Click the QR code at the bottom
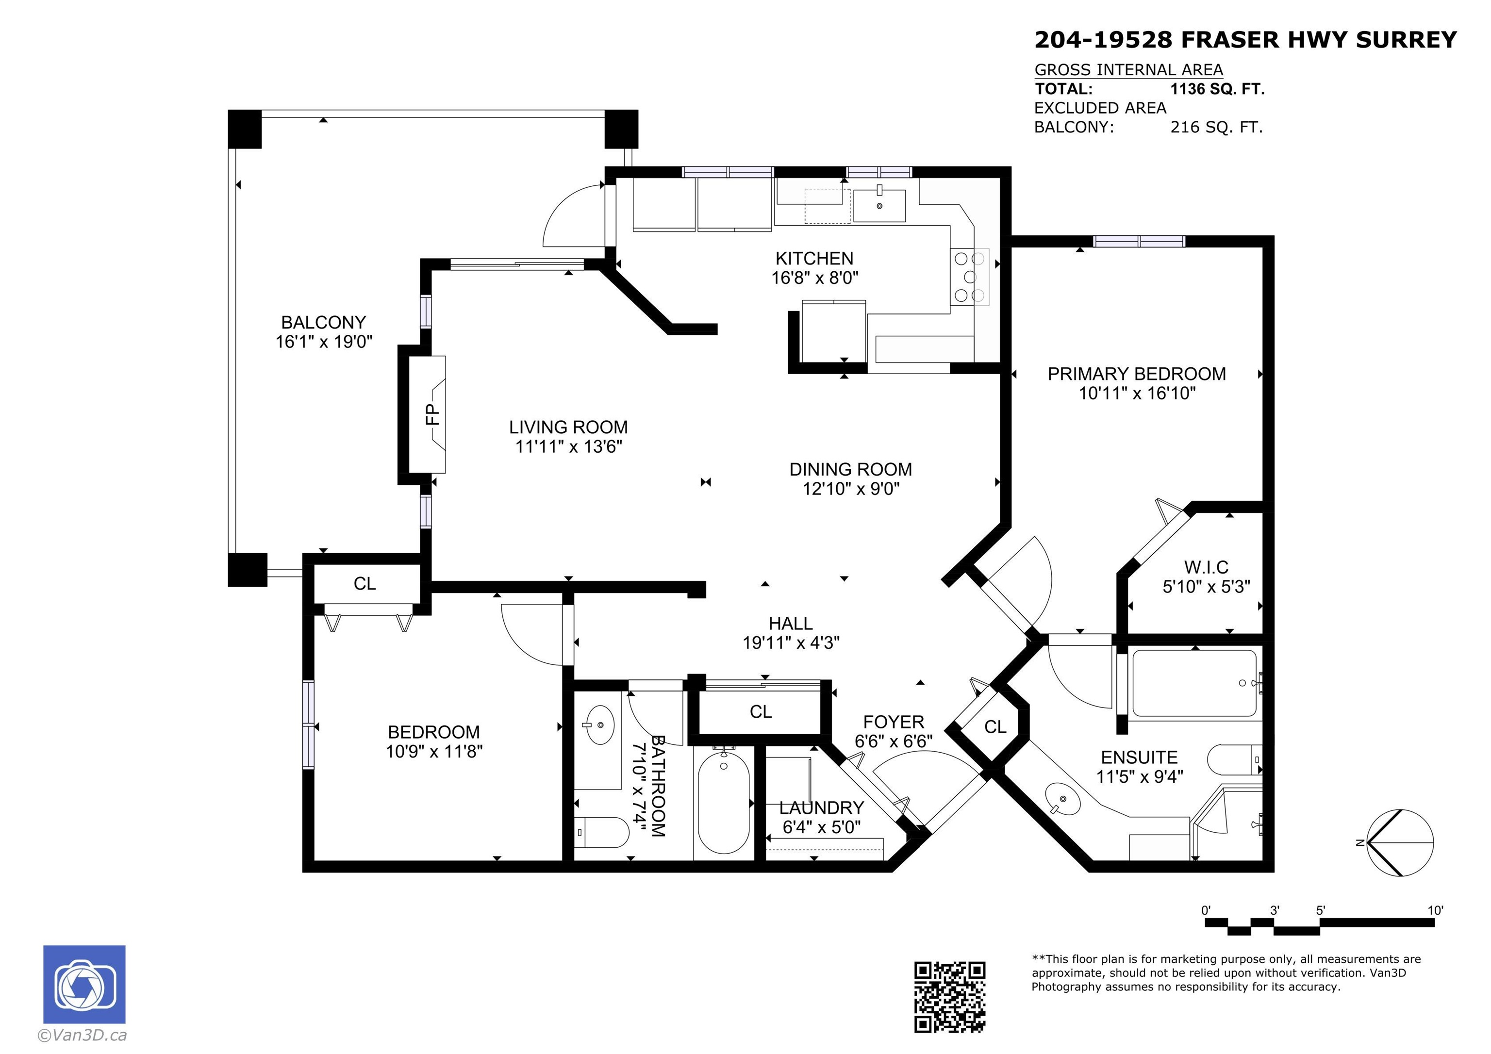(949, 997)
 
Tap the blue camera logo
(84, 985)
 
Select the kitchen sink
(879, 205)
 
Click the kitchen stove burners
(970, 277)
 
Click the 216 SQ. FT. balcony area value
(1216, 127)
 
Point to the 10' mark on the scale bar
(1435, 910)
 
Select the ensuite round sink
(1062, 798)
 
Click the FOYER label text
(893, 722)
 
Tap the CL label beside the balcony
(364, 583)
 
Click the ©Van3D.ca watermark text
(83, 1035)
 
